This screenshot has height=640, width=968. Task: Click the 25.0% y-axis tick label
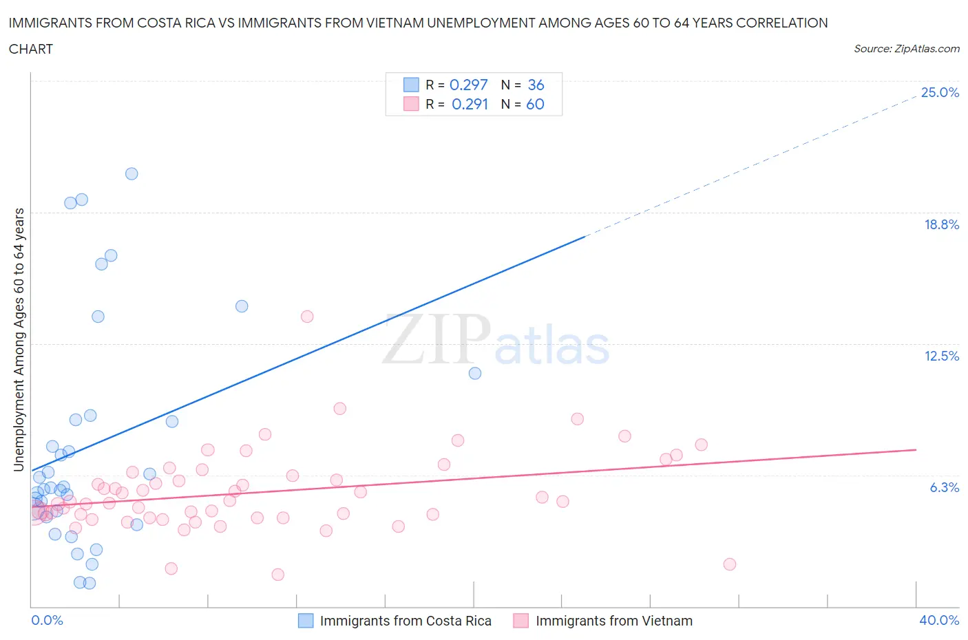coord(940,93)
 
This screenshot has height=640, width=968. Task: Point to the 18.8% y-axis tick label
coord(941,224)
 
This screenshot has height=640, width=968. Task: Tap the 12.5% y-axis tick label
coord(941,356)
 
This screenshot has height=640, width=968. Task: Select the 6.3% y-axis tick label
coord(944,487)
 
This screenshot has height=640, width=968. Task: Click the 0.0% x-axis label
coord(47,620)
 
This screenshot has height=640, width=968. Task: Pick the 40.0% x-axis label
coord(939,620)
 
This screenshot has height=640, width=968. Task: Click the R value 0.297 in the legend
coord(468,85)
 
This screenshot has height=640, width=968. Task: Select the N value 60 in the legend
coord(535,104)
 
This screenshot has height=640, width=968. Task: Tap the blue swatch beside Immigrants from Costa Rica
coord(306,621)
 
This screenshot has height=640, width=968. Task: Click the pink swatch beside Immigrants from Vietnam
coord(521,621)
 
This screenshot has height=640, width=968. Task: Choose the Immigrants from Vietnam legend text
coord(614,621)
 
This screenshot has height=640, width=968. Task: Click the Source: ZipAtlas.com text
coord(906,49)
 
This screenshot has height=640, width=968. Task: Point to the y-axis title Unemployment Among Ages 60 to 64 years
coord(19,340)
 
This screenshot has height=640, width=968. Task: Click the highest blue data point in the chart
coord(131,173)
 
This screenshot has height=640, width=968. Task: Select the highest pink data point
coord(307,317)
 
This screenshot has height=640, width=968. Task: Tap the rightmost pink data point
coord(730,564)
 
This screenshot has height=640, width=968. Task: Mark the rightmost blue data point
coord(475,373)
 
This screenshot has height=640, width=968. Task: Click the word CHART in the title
coord(31,49)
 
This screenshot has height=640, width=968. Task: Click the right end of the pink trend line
coord(916,449)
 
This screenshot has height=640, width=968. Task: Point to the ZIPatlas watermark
coord(496,341)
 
